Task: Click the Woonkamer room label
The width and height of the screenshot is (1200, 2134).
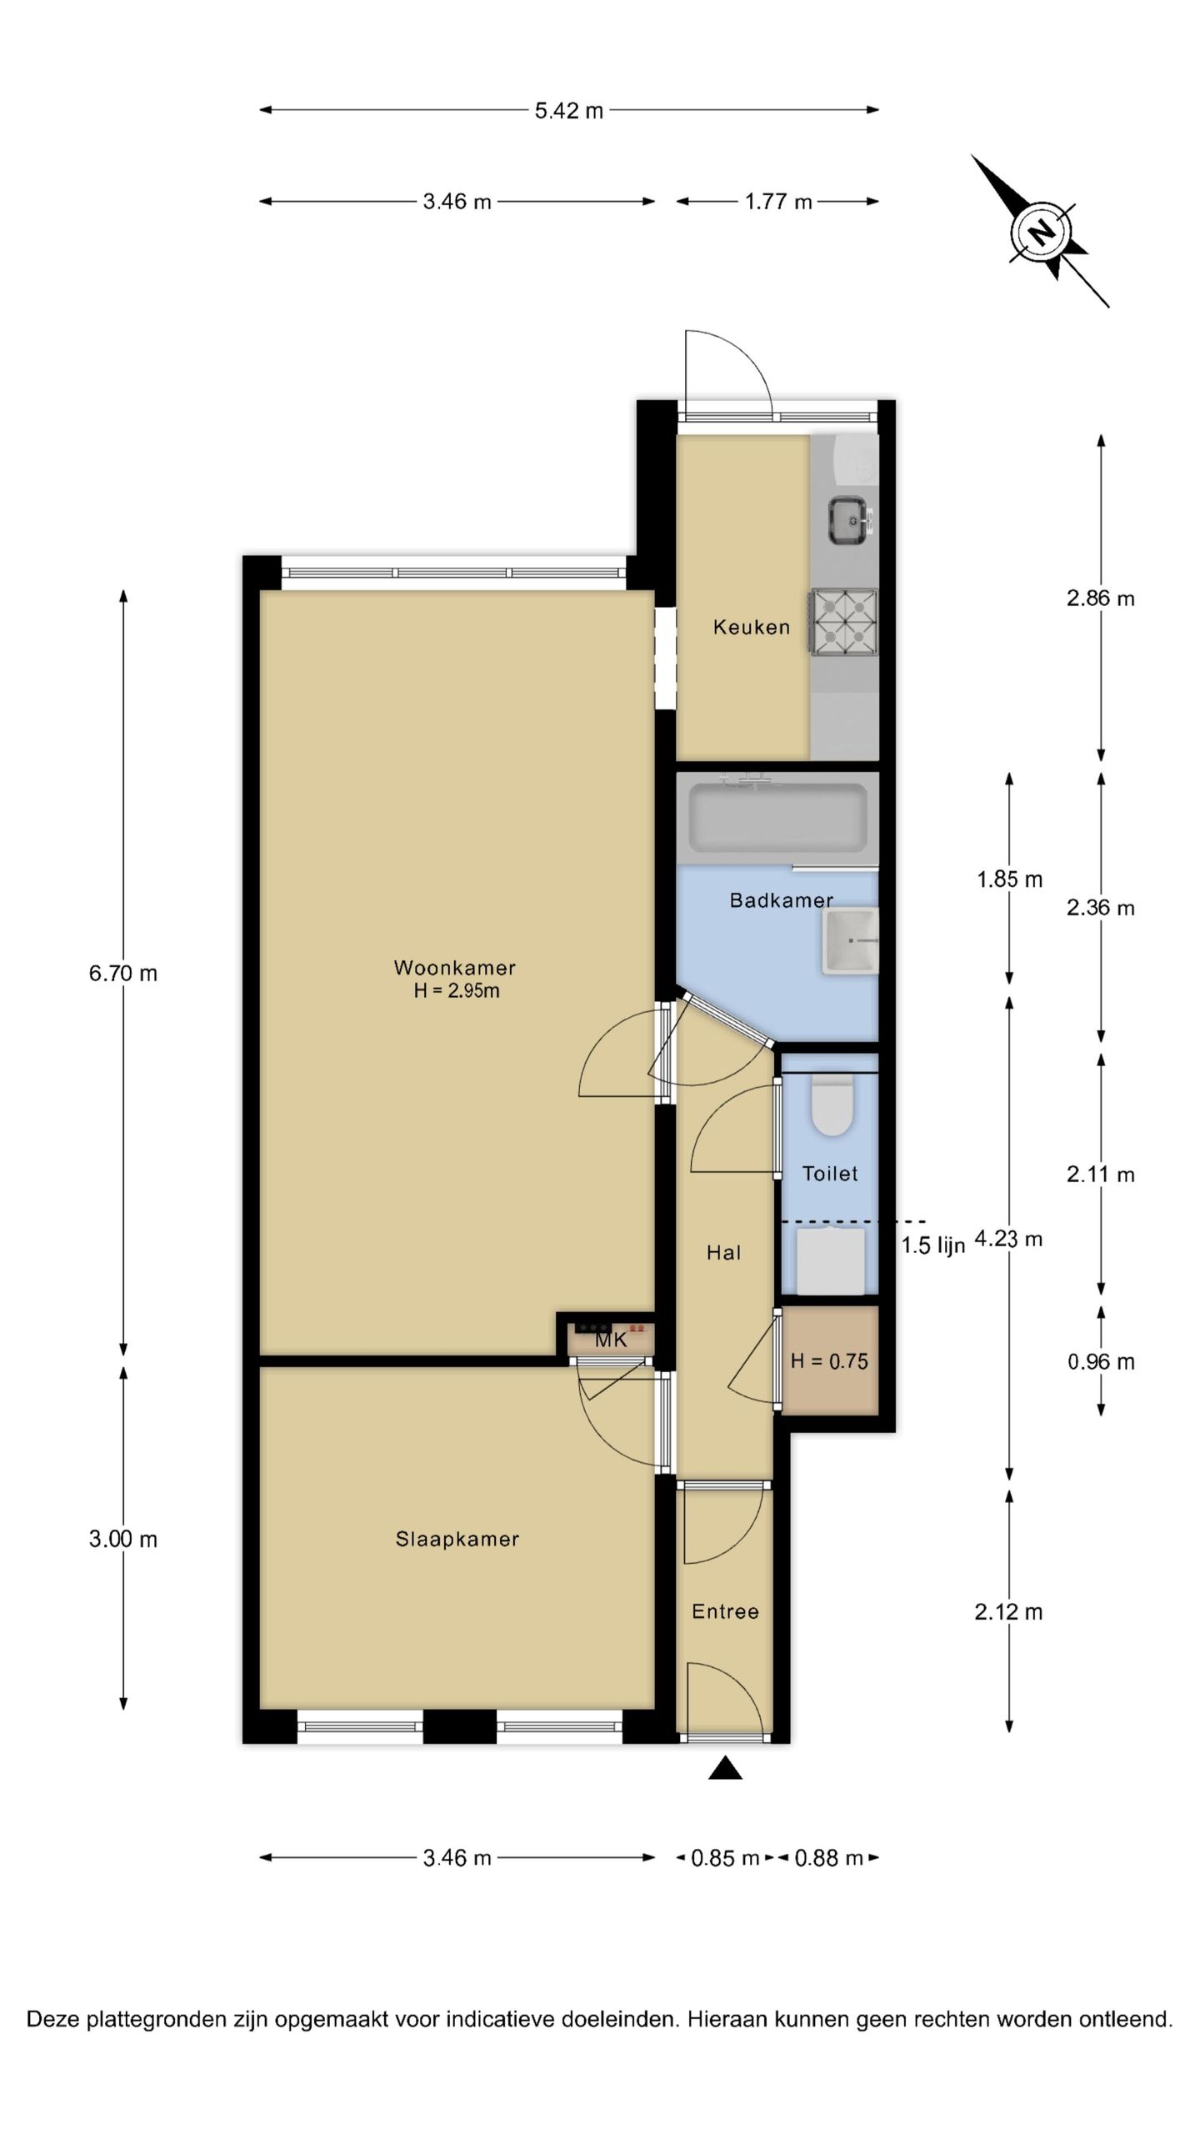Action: tap(455, 968)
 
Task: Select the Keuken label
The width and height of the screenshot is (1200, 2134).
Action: tap(751, 627)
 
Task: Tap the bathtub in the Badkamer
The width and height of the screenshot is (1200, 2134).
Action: tap(777, 818)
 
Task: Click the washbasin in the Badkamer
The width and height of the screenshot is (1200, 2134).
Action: tap(850, 941)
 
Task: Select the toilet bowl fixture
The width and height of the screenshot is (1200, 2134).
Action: tap(832, 1104)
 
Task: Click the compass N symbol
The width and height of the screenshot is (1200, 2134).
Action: tap(1040, 231)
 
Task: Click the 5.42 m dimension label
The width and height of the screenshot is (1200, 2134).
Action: tap(568, 110)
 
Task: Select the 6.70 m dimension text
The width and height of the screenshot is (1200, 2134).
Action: tap(123, 973)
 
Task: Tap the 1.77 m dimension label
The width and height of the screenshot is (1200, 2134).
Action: tap(778, 202)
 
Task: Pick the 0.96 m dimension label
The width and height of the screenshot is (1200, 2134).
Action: tap(1101, 1362)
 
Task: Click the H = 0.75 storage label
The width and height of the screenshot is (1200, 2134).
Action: tap(829, 1361)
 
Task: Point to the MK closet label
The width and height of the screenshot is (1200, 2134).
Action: tap(611, 1340)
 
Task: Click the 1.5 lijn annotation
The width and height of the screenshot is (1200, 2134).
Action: tap(932, 1245)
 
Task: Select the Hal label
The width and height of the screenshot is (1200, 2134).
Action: tap(723, 1252)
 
